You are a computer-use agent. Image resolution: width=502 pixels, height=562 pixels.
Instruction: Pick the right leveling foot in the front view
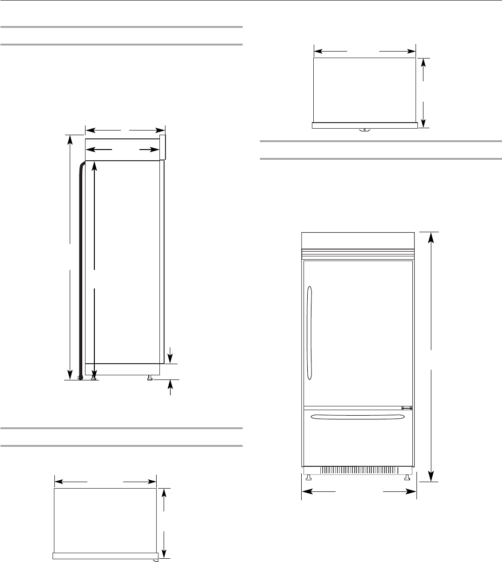407,477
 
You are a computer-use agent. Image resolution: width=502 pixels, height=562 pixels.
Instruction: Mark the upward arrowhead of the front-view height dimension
432,237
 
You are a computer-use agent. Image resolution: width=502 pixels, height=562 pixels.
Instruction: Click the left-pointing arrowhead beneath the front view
307,491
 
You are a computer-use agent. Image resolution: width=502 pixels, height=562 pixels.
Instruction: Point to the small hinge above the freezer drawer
407,408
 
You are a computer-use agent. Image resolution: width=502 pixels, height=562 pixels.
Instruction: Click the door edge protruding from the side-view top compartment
163,148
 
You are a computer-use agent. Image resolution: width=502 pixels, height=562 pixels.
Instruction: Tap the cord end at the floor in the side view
81,378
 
